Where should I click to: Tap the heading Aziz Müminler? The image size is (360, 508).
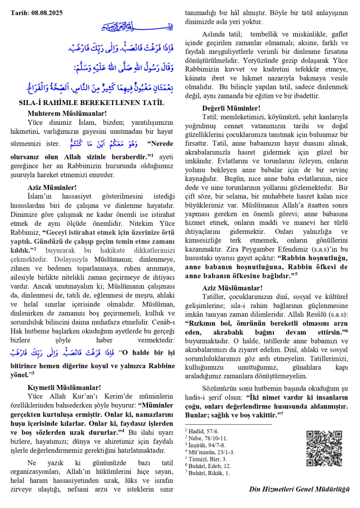[x=52, y=187]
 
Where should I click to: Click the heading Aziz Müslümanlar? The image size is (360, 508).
[x=232, y=288]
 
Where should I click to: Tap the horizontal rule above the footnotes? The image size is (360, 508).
[x=228, y=424]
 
